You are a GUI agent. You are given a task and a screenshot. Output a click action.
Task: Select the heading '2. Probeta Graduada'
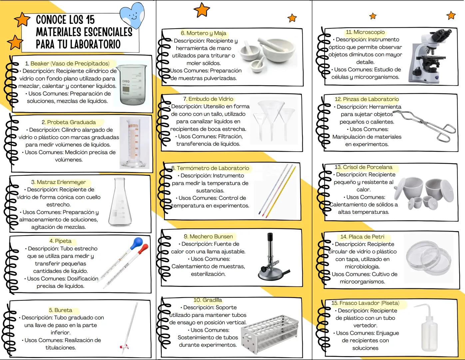(69, 122)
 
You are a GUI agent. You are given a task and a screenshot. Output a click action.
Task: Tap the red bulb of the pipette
(144, 249)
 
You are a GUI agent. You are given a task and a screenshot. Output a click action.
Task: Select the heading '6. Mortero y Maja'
(203, 33)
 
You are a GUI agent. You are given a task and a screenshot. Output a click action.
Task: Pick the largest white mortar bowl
(278, 50)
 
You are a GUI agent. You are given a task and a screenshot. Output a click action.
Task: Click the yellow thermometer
(279, 191)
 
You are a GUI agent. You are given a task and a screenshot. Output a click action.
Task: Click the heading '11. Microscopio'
(365, 32)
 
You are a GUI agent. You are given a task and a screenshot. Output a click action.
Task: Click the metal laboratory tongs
(425, 126)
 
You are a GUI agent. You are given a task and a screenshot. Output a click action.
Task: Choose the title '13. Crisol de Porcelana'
(363, 167)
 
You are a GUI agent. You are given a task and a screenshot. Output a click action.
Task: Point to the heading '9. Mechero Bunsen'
(208, 236)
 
